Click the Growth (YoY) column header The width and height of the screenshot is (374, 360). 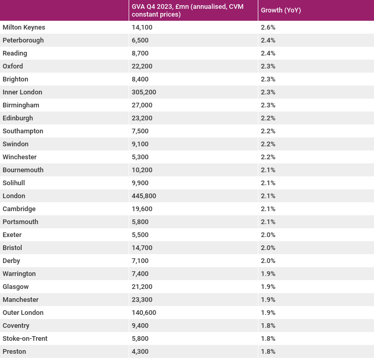tap(281, 10)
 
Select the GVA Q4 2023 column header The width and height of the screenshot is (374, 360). tap(187, 10)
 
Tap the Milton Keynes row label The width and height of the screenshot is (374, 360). tap(24, 27)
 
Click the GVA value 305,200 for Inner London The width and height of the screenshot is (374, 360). tap(144, 92)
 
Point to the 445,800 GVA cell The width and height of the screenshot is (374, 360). tap(144, 196)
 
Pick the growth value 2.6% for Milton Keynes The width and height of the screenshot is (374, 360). tap(268, 27)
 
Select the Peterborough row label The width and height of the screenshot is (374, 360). tap(23, 40)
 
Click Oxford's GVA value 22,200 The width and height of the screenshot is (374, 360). tap(142, 66)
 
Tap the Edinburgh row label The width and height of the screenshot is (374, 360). tap(18, 118)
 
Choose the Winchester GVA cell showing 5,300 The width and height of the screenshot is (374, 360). tap(140, 157)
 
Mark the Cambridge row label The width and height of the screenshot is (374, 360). tap(19, 209)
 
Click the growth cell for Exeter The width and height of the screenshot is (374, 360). tap(268, 235)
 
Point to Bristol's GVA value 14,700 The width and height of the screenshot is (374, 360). tap(142, 247)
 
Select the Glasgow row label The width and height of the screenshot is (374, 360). tap(16, 287)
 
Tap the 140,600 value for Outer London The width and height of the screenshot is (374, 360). tap(144, 312)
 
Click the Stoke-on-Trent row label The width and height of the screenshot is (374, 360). tap(25, 339)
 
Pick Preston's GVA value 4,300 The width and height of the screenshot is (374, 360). tap(140, 351)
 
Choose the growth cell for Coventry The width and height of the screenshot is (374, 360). tap(268, 326)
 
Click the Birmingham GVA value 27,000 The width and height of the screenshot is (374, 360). tap(142, 105)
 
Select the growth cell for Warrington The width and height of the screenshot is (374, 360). tap(268, 274)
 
